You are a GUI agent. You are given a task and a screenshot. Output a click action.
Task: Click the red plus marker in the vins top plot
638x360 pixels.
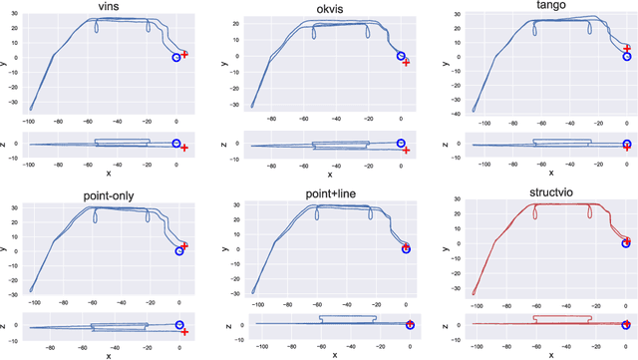(184, 54)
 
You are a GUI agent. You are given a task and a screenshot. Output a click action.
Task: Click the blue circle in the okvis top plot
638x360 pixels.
(401, 56)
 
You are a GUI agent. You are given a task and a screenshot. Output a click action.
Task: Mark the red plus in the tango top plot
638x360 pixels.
(627, 48)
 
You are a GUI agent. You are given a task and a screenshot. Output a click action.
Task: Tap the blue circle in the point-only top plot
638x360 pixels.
(179, 251)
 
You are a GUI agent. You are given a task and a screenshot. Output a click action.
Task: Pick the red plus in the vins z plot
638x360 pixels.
(184, 148)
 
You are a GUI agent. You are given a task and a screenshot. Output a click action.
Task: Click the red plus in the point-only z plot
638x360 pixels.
(185, 332)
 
